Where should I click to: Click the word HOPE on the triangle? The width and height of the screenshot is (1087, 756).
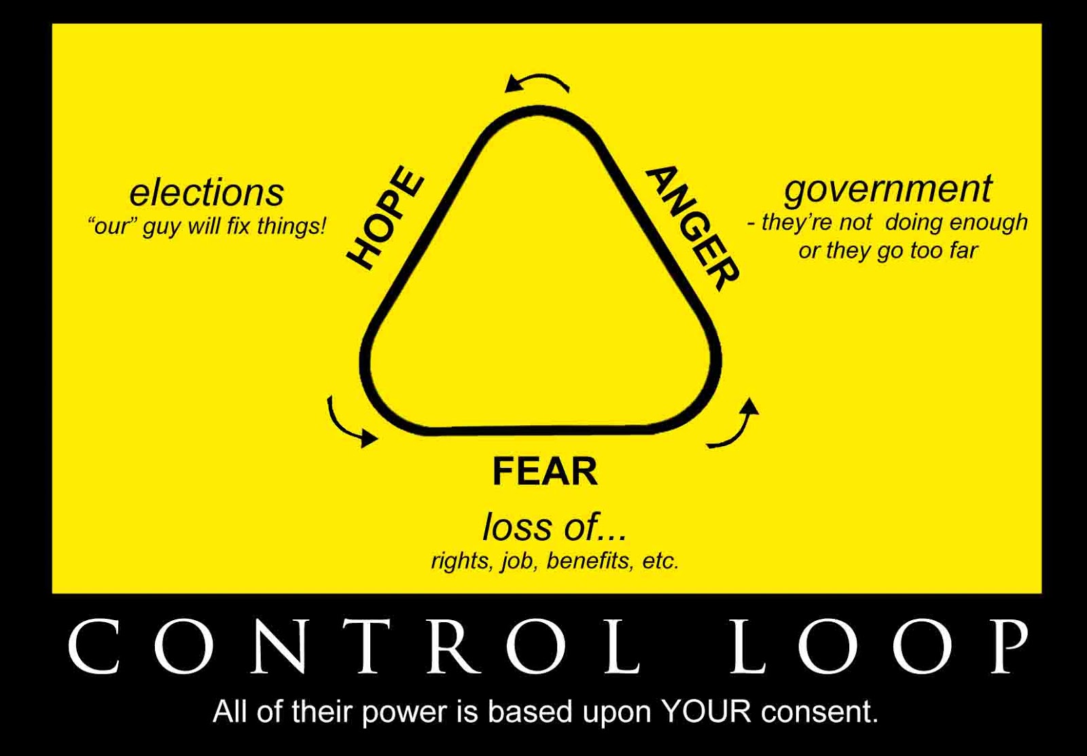(385, 217)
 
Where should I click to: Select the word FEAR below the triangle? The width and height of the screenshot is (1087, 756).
(544, 472)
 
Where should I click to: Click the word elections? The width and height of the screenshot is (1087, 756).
(207, 192)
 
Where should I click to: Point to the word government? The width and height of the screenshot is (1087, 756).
(888, 189)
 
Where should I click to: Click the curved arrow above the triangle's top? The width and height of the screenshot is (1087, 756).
(537, 82)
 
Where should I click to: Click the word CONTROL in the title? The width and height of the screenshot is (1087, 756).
(353, 646)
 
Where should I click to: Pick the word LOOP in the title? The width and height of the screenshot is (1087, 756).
(879, 646)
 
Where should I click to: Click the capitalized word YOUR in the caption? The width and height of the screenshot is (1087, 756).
(706, 712)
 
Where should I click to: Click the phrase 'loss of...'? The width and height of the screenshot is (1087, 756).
(554, 527)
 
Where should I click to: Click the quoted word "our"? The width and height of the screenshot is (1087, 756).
(113, 226)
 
